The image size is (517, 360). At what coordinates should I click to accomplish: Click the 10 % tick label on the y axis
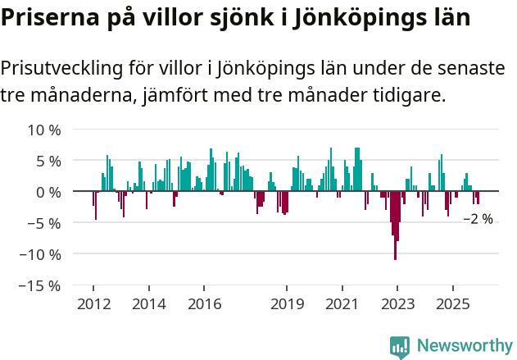44,130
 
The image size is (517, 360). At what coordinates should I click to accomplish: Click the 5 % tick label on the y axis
48,161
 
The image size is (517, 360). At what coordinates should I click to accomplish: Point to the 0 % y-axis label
48,192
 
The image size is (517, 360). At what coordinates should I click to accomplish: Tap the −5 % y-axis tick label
44,223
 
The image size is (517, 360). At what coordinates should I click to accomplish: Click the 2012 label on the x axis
93,304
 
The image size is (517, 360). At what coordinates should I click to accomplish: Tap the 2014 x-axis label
148,304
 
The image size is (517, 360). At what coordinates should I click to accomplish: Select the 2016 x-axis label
204,304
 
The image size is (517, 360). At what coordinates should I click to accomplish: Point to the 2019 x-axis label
287,304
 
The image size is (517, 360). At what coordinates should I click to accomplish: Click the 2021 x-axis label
342,304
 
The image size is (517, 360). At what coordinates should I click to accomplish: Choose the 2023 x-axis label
397,304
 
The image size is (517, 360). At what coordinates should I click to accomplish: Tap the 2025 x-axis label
452,304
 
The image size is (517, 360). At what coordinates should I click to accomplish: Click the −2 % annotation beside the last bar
478,219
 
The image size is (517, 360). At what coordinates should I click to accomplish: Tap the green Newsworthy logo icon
400,347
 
